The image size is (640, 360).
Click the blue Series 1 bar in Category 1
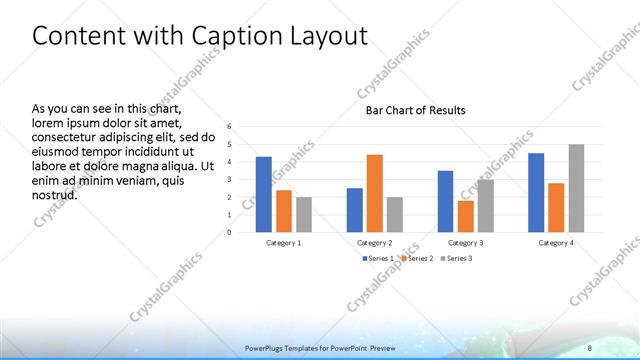tap(263, 194)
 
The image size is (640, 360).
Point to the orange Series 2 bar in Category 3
tap(465, 216)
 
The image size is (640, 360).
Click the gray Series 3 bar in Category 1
tap(304, 214)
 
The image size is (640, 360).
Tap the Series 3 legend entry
tap(455, 258)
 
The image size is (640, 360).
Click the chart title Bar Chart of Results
tap(415, 110)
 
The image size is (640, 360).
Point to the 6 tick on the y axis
tap(230, 127)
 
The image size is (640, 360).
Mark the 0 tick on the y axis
tap(230, 232)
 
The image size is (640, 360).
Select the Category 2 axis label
tap(375, 243)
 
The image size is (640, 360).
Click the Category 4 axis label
tap(556, 243)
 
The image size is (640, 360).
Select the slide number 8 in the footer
tap(589, 348)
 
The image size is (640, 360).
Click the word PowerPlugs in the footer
tap(267, 348)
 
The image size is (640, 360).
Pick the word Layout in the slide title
tap(331, 36)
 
